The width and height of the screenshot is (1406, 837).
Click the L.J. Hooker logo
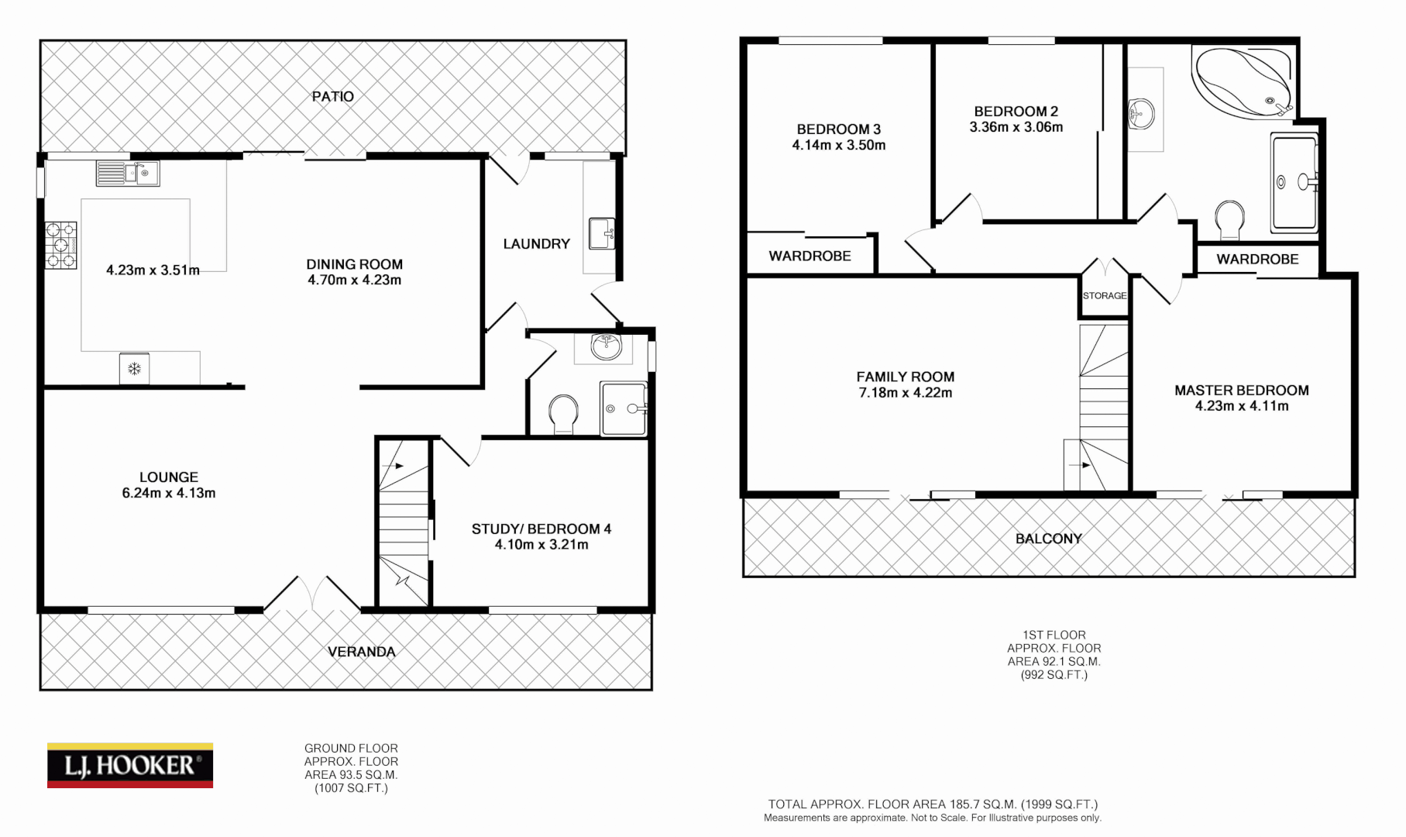(x=130, y=766)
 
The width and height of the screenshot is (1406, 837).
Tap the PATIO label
(x=333, y=97)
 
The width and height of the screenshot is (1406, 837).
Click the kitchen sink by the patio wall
(x=128, y=174)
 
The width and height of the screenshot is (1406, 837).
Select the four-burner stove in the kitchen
(x=61, y=245)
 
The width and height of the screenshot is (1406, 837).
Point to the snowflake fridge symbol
(x=135, y=368)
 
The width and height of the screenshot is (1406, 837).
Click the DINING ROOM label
(x=354, y=264)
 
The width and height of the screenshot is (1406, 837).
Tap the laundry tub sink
(x=602, y=233)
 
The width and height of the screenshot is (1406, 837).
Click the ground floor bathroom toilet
(x=563, y=414)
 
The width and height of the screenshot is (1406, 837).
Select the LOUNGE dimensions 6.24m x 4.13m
(x=169, y=493)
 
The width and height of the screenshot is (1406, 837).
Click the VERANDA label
(x=362, y=652)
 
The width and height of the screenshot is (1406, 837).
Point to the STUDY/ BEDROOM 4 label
(x=541, y=529)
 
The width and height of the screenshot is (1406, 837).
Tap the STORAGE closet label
(x=1105, y=295)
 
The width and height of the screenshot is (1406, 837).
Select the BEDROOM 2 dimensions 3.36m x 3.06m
(x=1016, y=127)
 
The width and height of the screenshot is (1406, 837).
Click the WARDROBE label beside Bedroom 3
(x=810, y=256)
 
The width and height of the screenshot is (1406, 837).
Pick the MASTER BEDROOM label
(x=1242, y=391)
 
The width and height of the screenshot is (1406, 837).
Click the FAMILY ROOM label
(x=906, y=377)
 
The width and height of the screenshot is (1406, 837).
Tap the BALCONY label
(x=1049, y=539)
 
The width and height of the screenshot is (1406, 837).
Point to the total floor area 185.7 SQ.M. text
(x=933, y=804)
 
